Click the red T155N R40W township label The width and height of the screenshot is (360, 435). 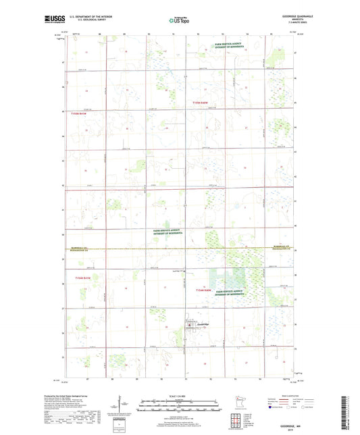tap(203, 101)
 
